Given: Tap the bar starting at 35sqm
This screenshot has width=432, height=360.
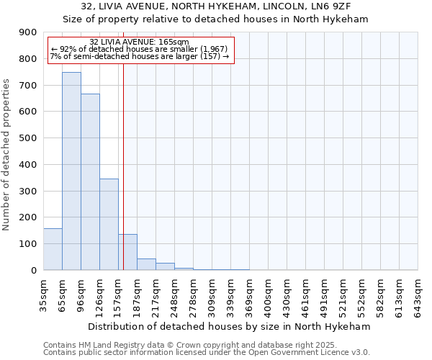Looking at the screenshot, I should click(53, 249).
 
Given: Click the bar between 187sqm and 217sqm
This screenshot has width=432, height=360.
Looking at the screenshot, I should click(146, 264).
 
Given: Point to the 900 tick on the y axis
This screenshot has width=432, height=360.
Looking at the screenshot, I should click(29, 32).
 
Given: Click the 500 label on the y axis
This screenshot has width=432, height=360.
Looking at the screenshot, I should click(29, 138).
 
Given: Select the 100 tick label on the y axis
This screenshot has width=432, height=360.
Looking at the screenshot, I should click(29, 244).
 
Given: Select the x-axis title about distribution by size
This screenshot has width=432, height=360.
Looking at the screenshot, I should click(230, 326).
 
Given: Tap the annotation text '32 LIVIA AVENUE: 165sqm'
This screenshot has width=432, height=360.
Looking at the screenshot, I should click(140, 42).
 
